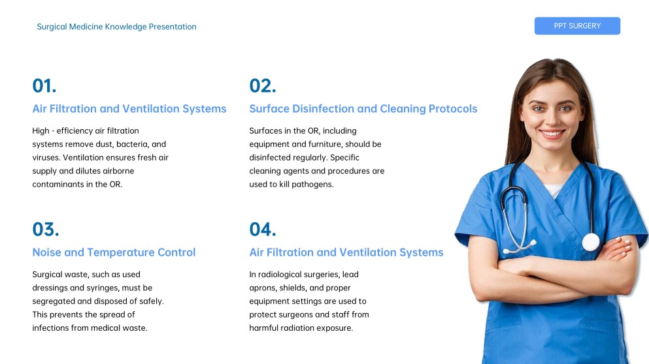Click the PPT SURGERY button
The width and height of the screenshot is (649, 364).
(576, 26)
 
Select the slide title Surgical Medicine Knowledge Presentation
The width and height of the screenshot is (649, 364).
(116, 27)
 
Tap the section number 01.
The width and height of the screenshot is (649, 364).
(44, 86)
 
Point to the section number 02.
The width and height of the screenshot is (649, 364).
(263, 86)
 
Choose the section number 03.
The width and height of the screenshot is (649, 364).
(46, 230)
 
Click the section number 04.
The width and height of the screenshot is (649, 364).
(263, 230)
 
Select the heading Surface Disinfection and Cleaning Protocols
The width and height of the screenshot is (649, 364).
(363, 109)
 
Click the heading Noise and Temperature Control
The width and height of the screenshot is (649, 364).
(114, 252)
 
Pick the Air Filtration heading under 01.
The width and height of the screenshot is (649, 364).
(129, 109)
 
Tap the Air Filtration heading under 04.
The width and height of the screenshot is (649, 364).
(346, 252)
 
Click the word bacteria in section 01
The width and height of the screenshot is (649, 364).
(131, 144)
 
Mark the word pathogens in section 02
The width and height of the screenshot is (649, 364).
(314, 185)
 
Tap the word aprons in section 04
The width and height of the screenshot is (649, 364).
(263, 288)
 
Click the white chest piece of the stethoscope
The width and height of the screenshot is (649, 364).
(590, 242)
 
